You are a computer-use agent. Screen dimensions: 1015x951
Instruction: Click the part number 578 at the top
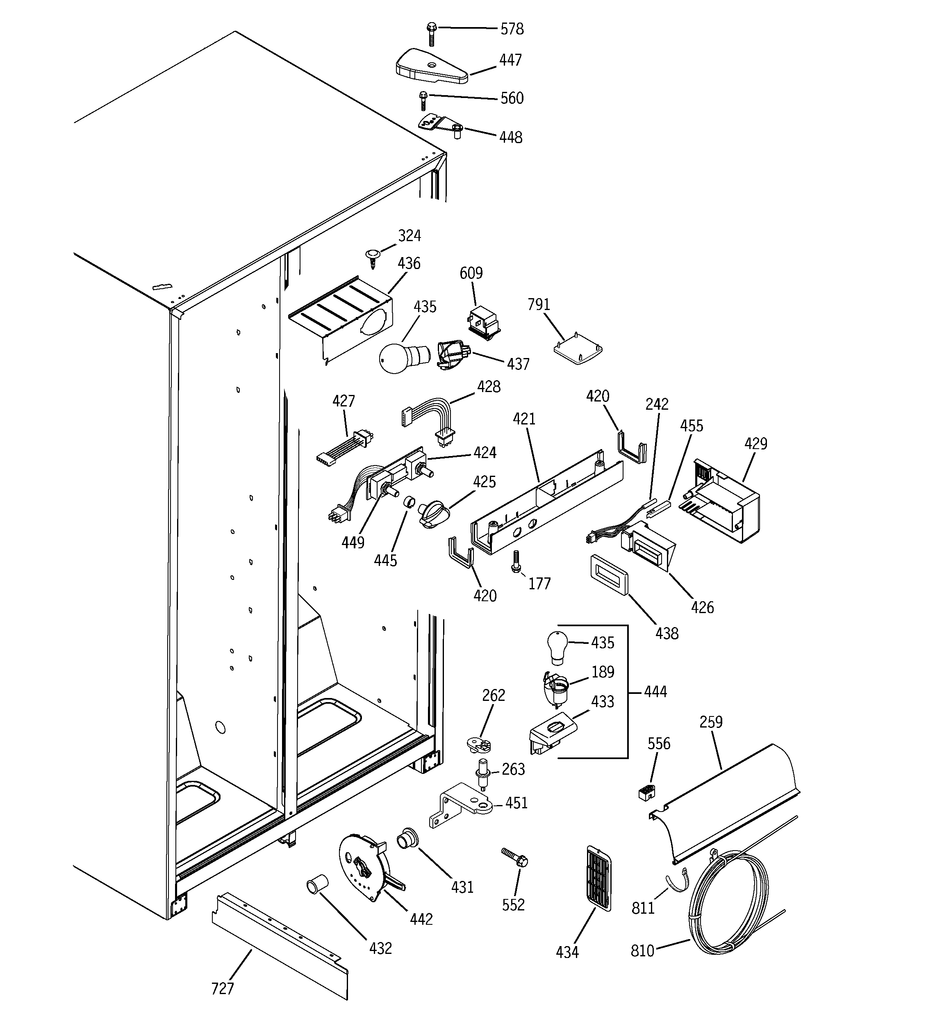point(512,29)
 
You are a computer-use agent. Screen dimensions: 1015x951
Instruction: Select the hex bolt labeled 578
point(431,34)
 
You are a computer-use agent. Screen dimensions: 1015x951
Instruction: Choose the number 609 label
point(471,273)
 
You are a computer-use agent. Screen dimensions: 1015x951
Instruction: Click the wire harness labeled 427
point(345,446)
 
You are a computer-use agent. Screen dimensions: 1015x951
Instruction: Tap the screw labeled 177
point(516,561)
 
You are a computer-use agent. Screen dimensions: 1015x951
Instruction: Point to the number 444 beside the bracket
point(655,692)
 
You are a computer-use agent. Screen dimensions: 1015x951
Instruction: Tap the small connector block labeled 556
point(647,791)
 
